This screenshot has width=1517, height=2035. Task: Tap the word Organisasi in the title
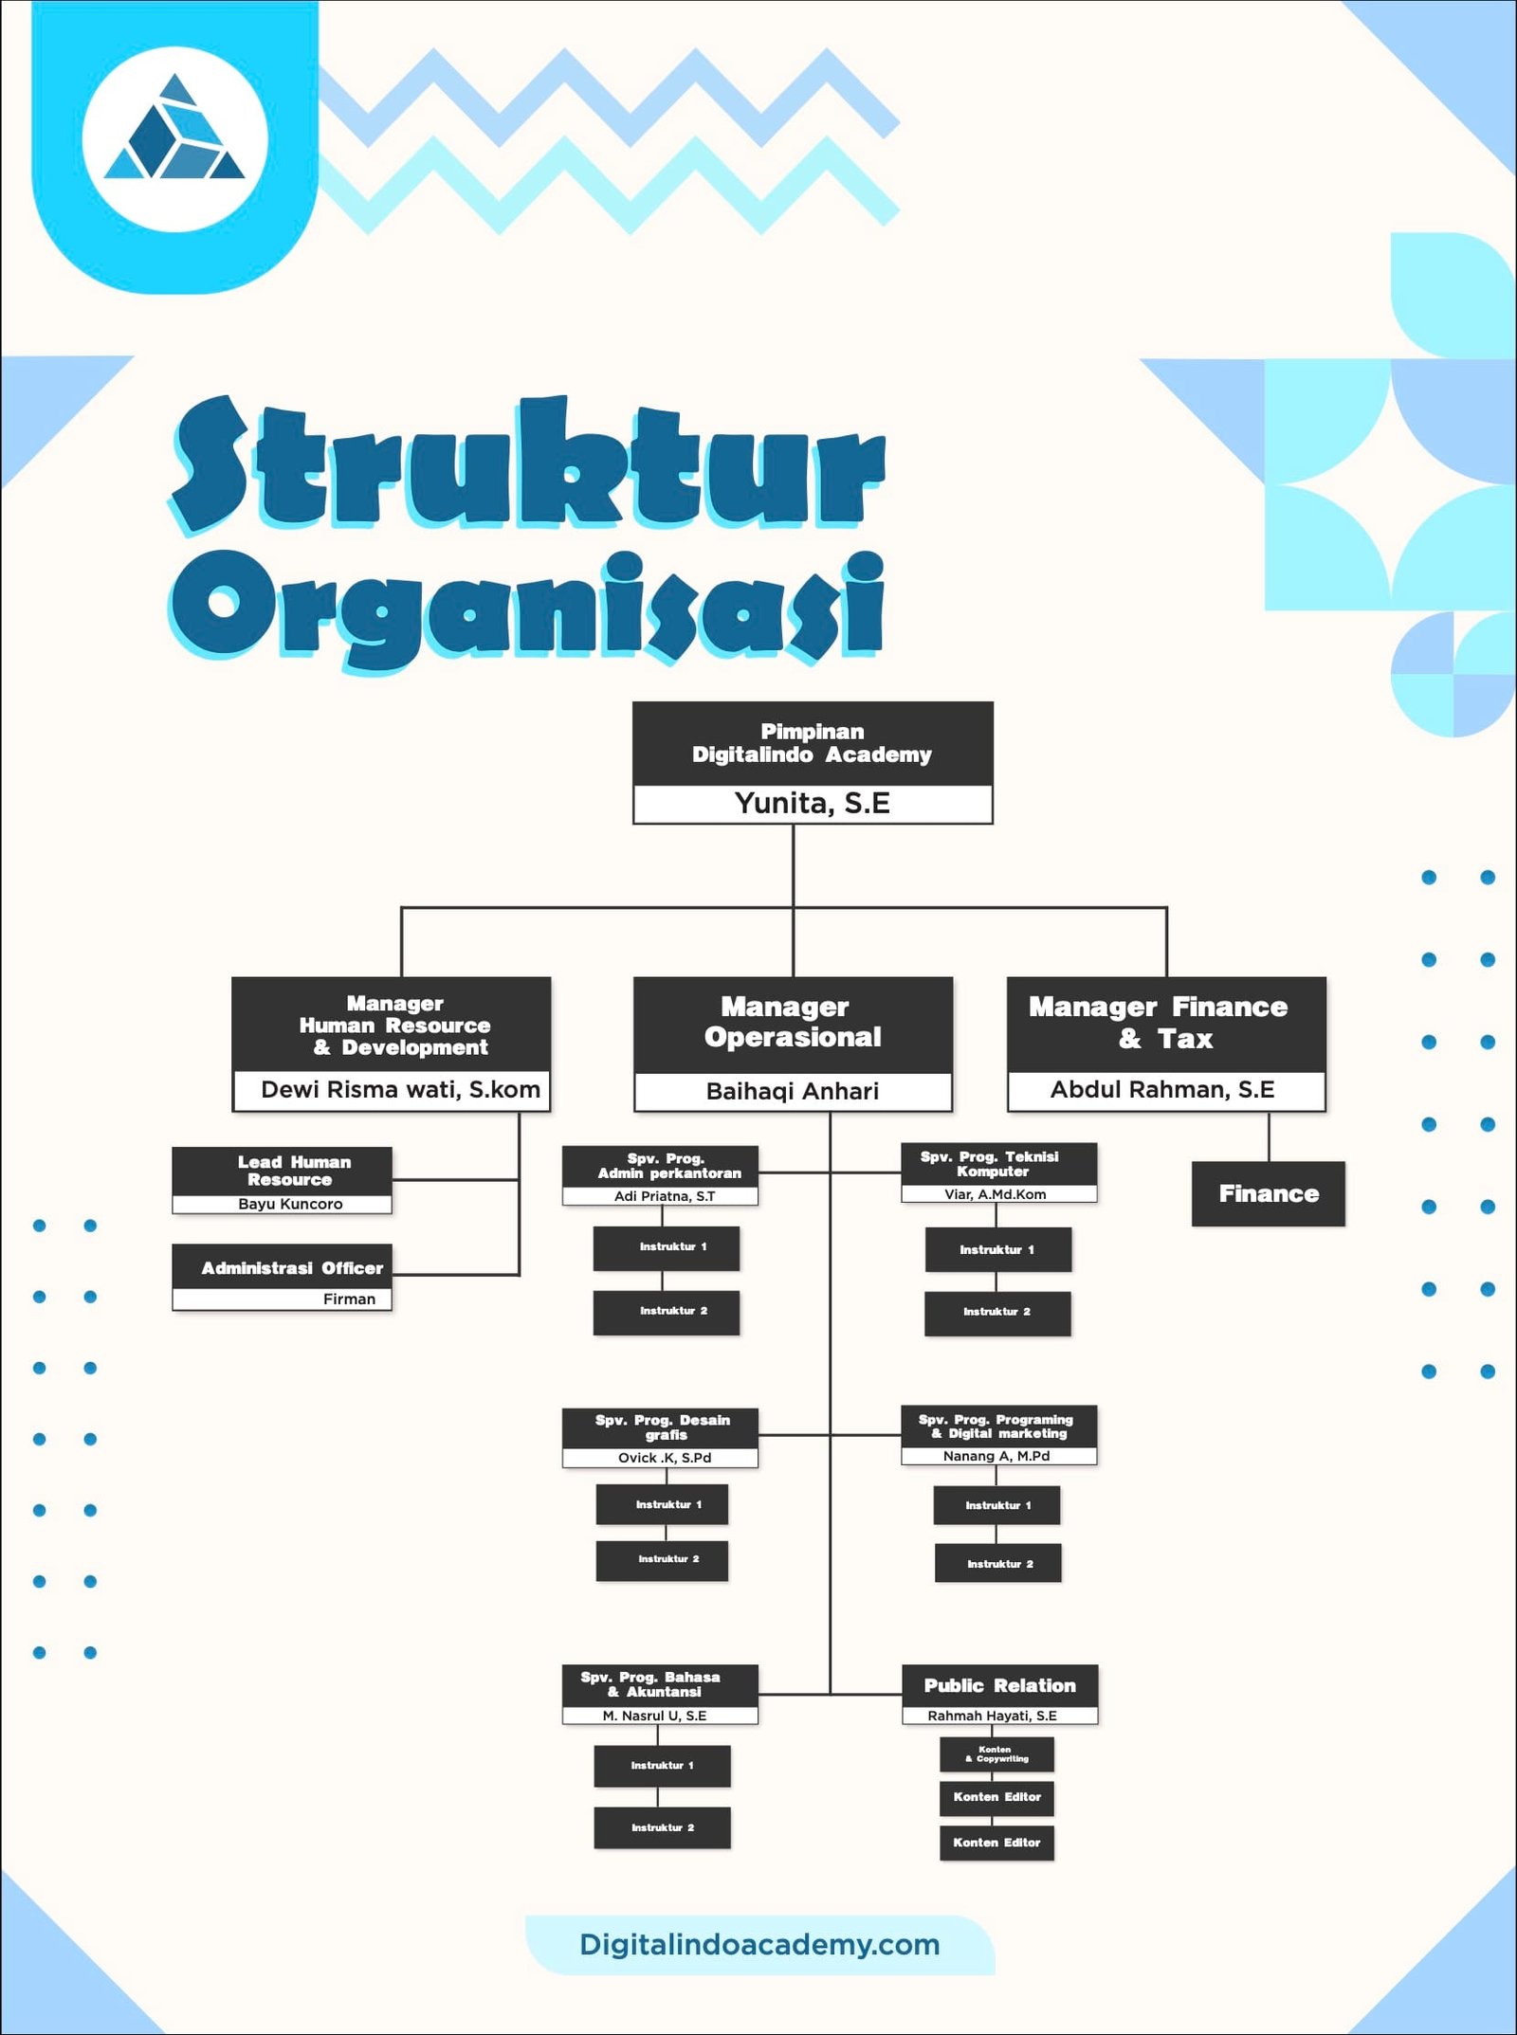coord(527,607)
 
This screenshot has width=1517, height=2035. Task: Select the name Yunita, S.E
coord(812,804)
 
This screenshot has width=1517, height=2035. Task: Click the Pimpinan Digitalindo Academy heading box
coord(812,743)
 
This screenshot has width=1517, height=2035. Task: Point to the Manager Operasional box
coord(793,1023)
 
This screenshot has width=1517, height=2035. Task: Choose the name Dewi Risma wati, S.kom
coord(400,1090)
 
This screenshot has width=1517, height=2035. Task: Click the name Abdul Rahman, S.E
coord(1162,1090)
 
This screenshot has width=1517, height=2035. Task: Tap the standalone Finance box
coord(1268,1193)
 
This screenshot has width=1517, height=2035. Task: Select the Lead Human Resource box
coord(283,1171)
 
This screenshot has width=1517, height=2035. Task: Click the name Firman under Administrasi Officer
coord(349,1299)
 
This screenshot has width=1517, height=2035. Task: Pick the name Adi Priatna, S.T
coord(665,1196)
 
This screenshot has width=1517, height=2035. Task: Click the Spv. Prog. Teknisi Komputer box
coord(997,1164)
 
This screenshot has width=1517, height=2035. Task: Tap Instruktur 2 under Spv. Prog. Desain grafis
coord(663,1559)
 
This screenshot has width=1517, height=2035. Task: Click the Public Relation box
coord(999,1685)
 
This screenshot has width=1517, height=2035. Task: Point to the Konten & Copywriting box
coord(996,1753)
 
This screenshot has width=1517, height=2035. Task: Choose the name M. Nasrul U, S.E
coord(654,1716)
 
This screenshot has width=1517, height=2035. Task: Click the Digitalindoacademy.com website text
coord(759,1944)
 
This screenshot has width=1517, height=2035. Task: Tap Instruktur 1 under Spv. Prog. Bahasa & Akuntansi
coord(662,1765)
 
